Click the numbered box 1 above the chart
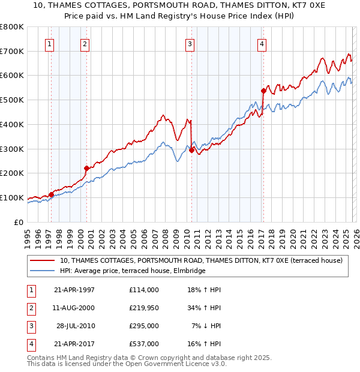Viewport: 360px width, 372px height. (49, 43)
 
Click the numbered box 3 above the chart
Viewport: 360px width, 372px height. (190, 43)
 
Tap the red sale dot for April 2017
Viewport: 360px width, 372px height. (263, 91)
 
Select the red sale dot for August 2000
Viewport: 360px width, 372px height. (86, 168)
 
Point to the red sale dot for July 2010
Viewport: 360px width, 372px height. (192, 151)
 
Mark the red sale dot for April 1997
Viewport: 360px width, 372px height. (52, 194)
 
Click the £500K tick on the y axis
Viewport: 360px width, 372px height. (12, 100)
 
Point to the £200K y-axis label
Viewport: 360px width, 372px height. (12, 173)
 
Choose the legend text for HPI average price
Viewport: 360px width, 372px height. (132, 271)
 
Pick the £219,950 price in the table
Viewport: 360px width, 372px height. (143, 308)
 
